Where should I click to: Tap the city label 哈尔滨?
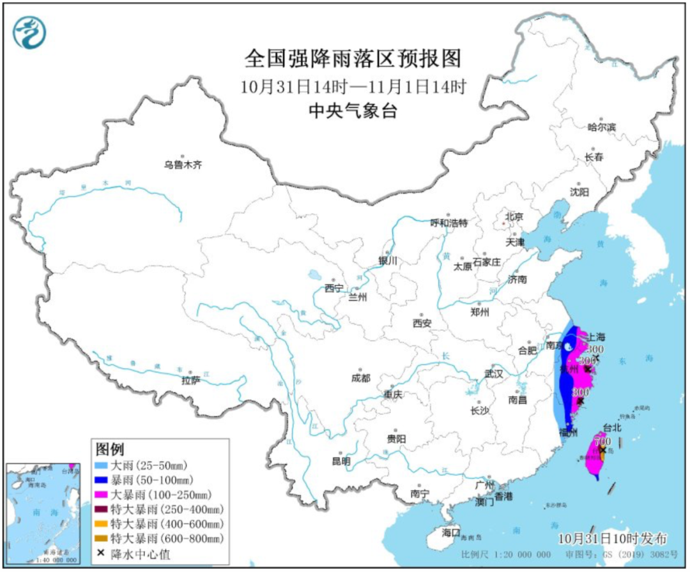(601, 127)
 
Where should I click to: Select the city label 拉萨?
(191, 380)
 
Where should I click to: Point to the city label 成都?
(360, 378)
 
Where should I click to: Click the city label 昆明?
(341, 461)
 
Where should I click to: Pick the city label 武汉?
(494, 373)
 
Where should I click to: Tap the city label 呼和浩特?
(449, 223)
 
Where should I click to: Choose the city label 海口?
(451, 532)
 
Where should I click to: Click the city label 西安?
(422, 323)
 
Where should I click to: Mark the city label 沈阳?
(579, 192)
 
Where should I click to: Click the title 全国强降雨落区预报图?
(353, 59)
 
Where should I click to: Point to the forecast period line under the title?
(353, 86)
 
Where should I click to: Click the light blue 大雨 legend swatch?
(102, 465)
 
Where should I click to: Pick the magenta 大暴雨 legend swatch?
(102, 495)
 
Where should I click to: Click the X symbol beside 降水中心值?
(101, 553)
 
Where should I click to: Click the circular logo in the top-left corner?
(30, 32)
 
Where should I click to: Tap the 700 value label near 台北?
(602, 441)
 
